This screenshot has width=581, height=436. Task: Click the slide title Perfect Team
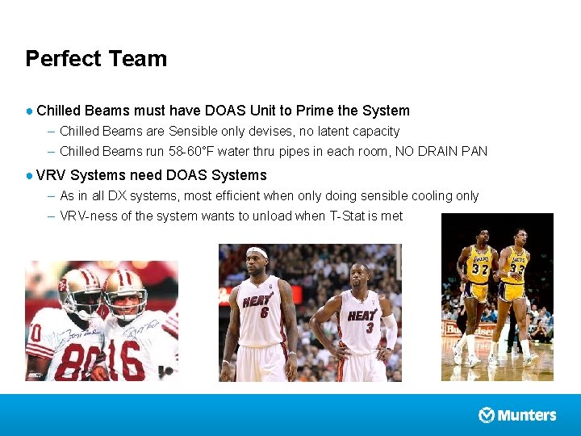click(96, 59)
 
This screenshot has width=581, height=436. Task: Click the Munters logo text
click(527, 415)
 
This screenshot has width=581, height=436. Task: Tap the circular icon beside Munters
click(487, 415)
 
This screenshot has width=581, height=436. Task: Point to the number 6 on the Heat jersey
click(263, 312)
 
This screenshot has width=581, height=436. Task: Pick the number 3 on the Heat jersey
click(369, 328)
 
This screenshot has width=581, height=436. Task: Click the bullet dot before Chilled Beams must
click(29, 111)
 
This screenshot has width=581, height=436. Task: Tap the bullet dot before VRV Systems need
click(29, 175)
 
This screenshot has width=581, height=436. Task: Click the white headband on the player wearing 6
click(257, 252)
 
